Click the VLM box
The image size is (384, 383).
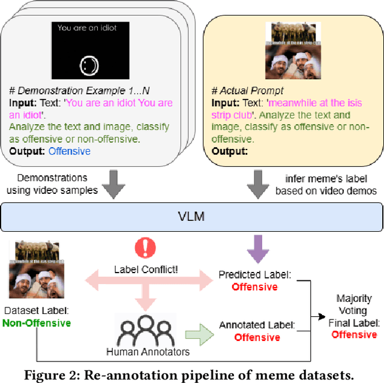coord(192,216)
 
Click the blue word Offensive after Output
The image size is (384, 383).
coord(69,151)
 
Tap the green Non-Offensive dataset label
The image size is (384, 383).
coord(36,323)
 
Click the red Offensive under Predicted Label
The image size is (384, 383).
coord(256,287)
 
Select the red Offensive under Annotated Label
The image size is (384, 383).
coord(257,337)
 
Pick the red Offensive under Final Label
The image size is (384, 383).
coord(354,334)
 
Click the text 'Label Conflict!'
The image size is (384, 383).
coord(146,270)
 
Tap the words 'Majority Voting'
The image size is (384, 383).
coord(354,305)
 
